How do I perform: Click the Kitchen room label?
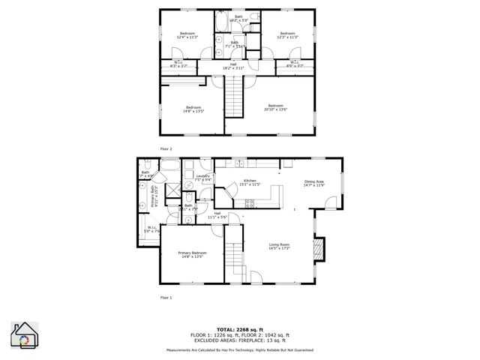(x=250, y=181)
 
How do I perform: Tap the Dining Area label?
(x=313, y=183)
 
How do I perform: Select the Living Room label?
(x=279, y=245)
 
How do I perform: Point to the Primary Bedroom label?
(x=192, y=254)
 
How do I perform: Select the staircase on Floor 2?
(x=235, y=97)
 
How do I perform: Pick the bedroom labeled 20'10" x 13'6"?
(x=275, y=107)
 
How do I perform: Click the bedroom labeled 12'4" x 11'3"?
(x=187, y=34)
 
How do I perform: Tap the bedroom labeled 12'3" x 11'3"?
(x=289, y=34)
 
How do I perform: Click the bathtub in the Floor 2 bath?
(x=223, y=25)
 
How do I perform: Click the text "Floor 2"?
(x=166, y=148)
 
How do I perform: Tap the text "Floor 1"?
(x=166, y=298)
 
